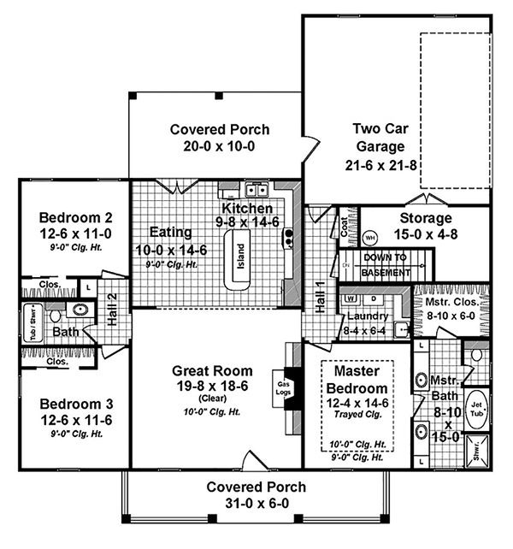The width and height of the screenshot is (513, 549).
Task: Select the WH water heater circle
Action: pyautogui.click(x=370, y=237)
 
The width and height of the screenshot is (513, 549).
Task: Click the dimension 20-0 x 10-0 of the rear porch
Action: pyautogui.click(x=220, y=147)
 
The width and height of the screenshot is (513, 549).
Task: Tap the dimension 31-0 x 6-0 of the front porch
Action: pyautogui.click(x=256, y=504)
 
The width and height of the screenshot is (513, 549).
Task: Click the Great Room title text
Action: pyautogui.click(x=212, y=370)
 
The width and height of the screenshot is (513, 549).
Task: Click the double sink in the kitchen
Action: pyautogui.click(x=256, y=190)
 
